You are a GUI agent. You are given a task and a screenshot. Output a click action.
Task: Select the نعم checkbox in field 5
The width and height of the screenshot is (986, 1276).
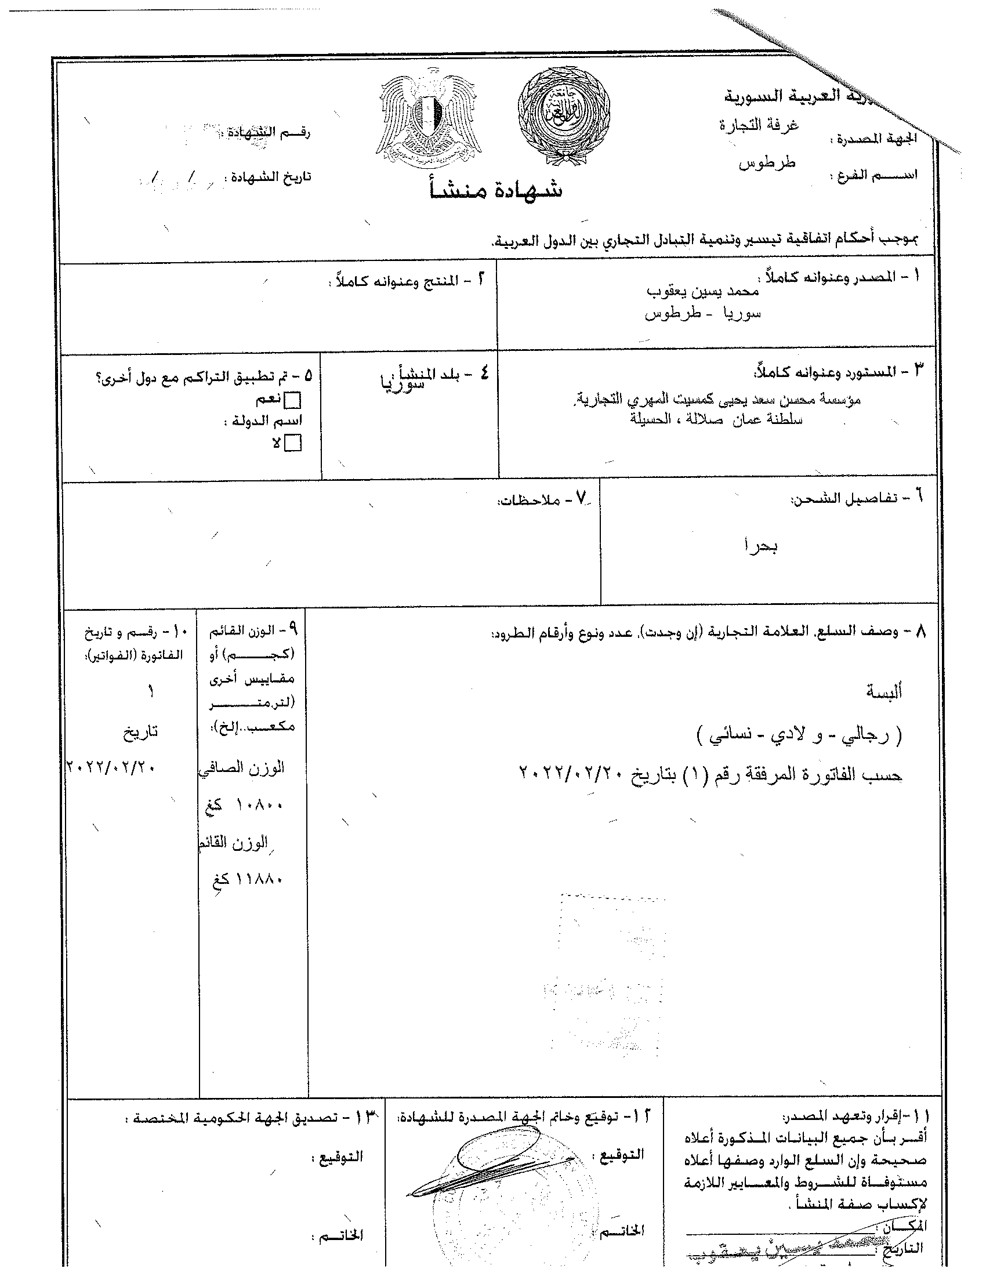[292, 401]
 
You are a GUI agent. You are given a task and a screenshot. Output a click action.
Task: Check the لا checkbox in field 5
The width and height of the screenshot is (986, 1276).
[293, 444]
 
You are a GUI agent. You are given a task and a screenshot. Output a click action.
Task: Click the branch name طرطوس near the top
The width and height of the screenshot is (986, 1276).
[767, 163]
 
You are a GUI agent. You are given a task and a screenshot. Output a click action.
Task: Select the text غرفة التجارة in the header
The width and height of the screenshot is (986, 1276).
[759, 125]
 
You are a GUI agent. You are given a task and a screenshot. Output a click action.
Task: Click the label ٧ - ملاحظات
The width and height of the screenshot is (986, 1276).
[545, 499]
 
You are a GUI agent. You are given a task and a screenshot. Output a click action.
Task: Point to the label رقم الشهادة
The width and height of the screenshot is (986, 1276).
[270, 133]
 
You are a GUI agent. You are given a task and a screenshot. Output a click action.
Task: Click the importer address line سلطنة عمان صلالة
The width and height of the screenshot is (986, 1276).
[716, 419]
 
